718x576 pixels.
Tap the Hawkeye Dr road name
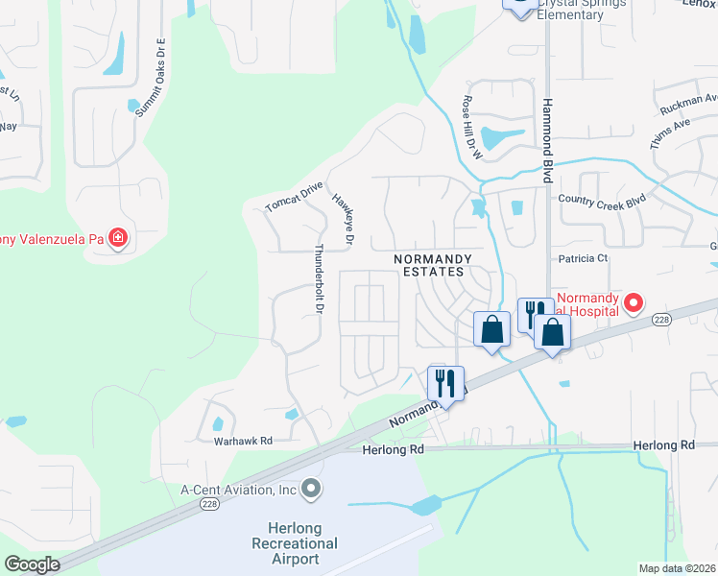[343, 216]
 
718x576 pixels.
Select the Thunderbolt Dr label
[317, 278]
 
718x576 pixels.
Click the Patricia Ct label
[584, 258]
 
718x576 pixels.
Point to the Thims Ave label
[670, 130]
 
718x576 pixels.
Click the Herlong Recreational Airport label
[302, 543]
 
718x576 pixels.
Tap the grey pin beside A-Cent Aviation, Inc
[310, 490]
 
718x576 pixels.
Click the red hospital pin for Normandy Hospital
[634, 304]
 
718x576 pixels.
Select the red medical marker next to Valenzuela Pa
[118, 237]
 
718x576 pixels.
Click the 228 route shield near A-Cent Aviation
[211, 503]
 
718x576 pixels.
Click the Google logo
[32, 564]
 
